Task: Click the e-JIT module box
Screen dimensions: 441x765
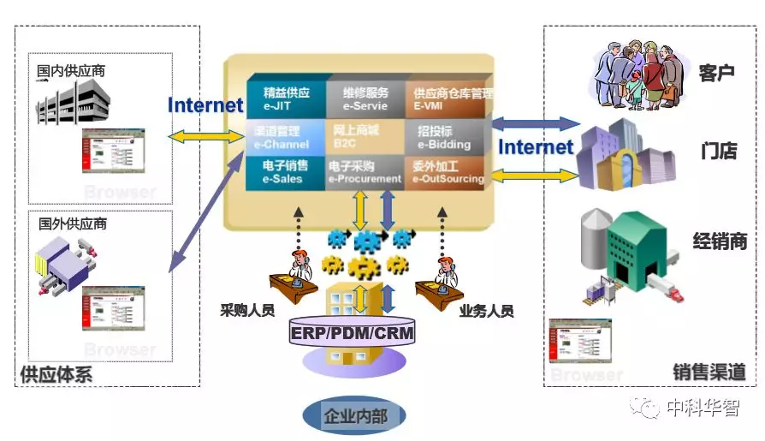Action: [x=286, y=98]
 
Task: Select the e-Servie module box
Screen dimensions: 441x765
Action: [x=365, y=98]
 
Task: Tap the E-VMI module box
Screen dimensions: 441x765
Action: [x=448, y=98]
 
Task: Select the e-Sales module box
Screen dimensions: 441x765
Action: [x=285, y=171]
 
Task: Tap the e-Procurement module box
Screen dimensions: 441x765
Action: [x=365, y=171]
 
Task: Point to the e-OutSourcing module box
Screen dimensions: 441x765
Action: [x=448, y=171]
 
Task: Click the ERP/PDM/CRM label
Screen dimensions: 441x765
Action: [x=352, y=332]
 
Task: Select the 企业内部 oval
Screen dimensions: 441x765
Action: [x=354, y=417]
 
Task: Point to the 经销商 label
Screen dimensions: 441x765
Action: [x=720, y=241]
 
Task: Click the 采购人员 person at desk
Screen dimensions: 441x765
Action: [x=295, y=271]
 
